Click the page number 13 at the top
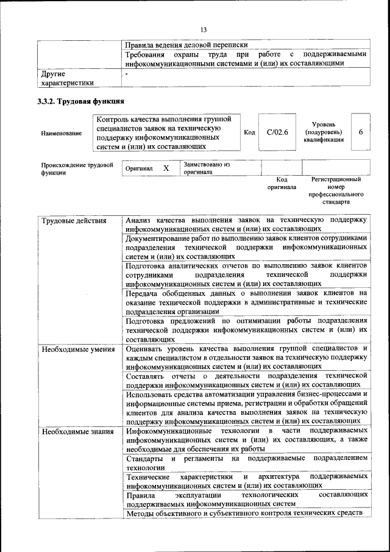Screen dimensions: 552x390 point(204,30)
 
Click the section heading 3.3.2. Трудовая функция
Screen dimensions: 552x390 point(81,101)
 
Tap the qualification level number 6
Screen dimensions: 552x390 point(361,132)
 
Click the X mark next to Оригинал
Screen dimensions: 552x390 point(165,168)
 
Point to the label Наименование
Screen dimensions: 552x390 point(62,133)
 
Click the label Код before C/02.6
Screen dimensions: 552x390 point(249,132)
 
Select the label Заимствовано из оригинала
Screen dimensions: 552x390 point(207,168)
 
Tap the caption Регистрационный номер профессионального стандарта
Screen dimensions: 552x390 point(336,190)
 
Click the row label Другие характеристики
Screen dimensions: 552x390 point(67,77)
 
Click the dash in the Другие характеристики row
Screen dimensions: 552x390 point(126,73)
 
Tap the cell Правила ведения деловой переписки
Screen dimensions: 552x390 point(186,45)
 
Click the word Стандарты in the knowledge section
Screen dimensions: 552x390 point(144,457)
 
